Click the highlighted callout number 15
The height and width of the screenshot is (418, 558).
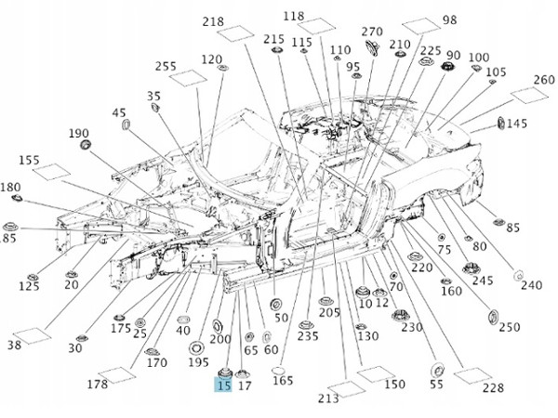pos(223,385)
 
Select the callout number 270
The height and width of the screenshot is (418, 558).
pos(372,32)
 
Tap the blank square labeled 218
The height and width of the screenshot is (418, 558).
pos(235,33)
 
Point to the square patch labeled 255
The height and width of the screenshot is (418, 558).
pos(188,78)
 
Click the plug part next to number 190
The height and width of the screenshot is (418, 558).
pos(85,145)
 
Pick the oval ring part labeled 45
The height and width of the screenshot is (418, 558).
pos(126,124)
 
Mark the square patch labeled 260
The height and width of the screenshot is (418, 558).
pos(529,95)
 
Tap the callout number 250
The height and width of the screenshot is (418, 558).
pos(510,327)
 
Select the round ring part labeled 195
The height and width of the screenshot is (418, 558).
pos(196,347)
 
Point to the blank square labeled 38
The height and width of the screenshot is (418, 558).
pos(32,336)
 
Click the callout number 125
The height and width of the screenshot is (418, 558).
pos(29,286)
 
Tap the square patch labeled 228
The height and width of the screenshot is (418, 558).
pos(473,375)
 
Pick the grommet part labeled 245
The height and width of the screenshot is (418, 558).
pos(471,268)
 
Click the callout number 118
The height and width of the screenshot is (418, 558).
pos(294,16)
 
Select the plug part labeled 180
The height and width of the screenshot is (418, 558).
pos(17,198)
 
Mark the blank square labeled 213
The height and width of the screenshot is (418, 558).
pos(347,389)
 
